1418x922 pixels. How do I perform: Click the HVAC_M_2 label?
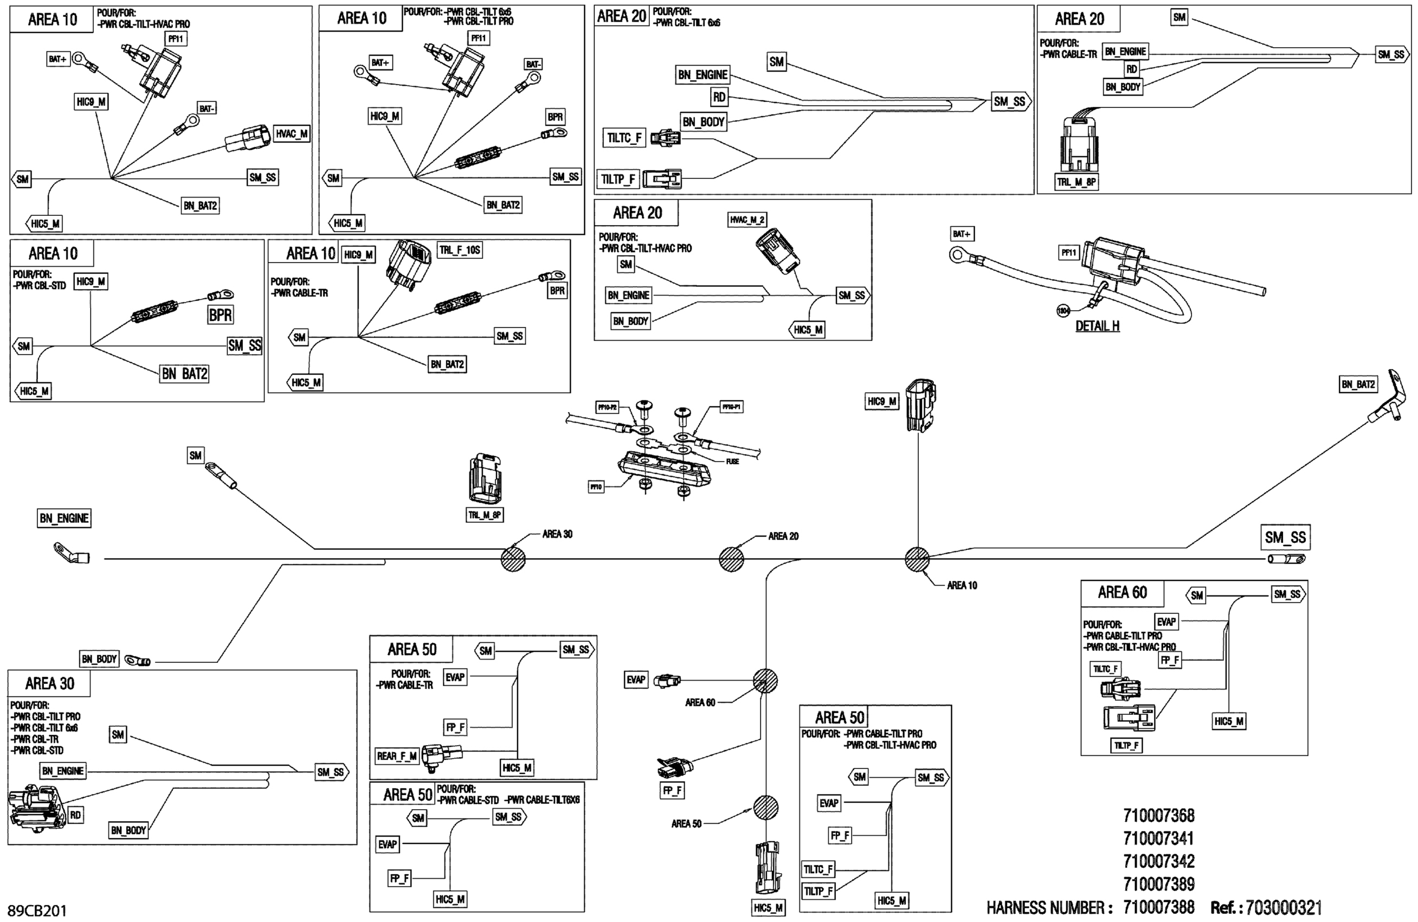747,220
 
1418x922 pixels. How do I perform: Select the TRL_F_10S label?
459,251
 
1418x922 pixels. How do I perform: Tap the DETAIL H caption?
1097,326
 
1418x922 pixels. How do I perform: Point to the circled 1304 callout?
1063,311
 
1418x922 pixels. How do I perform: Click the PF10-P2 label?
607,408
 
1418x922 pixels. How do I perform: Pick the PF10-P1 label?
731,407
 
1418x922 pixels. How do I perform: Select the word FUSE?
732,462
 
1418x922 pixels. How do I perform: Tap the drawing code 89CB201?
37,910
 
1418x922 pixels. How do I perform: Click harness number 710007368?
1158,815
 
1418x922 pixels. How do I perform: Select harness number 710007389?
1158,884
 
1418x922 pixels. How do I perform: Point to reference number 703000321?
1284,908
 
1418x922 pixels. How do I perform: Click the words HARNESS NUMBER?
1049,908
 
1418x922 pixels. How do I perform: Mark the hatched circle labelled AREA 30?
513,559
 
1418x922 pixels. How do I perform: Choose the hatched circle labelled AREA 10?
917,559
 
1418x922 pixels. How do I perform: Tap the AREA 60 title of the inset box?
1122,592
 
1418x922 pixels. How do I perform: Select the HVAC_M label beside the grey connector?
291,134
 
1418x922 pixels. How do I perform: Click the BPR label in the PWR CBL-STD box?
220,315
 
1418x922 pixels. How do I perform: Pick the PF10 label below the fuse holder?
596,487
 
